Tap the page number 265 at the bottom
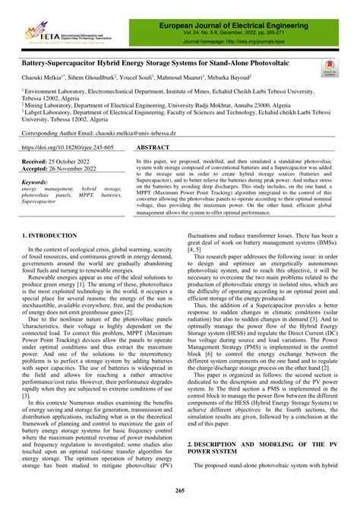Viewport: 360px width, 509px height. [x=180, y=492]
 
